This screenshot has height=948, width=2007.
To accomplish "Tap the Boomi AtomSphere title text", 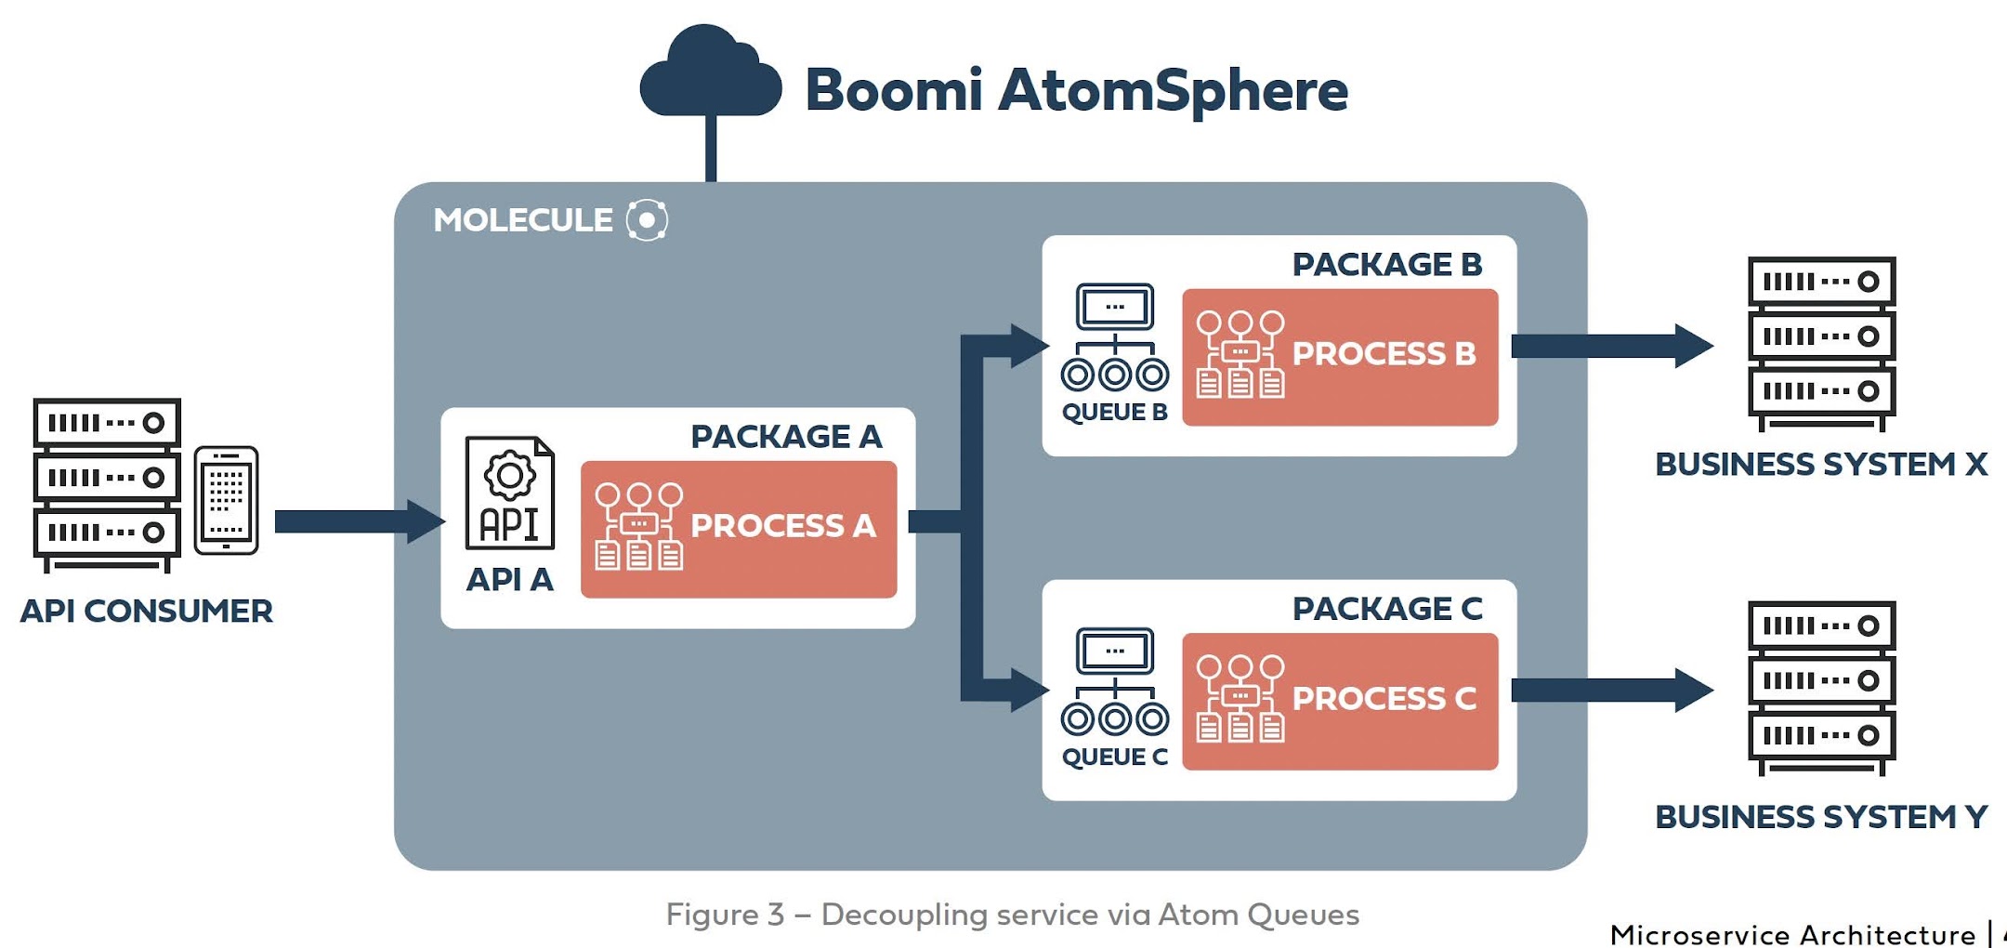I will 1076,90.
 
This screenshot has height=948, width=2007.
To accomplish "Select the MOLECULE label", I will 523,220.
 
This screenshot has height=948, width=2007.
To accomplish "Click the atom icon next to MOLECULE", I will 647,220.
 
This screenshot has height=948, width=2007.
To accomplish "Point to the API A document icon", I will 509,494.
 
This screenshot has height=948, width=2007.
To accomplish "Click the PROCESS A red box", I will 739,529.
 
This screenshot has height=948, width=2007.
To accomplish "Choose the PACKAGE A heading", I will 786,436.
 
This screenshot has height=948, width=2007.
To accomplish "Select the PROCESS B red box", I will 1340,357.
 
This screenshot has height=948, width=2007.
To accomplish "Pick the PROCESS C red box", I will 1340,701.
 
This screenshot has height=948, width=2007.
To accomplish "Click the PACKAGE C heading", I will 1387,609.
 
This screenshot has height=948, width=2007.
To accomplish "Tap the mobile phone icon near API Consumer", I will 226,500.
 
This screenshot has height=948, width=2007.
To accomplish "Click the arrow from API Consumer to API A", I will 358,521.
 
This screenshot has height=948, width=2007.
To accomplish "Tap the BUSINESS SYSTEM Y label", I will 1821,817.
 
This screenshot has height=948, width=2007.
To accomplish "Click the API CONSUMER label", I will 147,612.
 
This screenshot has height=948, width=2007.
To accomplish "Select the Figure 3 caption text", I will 1012,915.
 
